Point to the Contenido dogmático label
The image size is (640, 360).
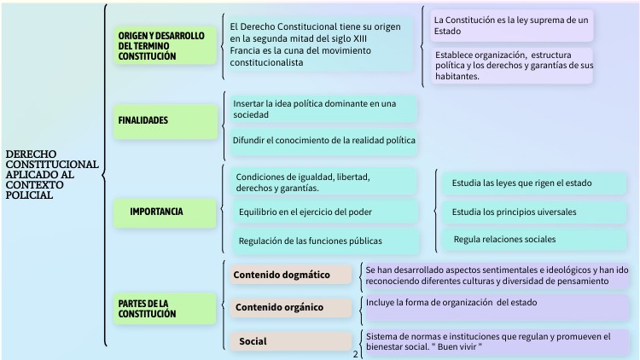click(282, 275)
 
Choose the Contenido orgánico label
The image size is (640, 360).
click(279, 307)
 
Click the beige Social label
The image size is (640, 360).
click(253, 341)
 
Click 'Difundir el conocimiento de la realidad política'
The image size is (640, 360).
click(324, 140)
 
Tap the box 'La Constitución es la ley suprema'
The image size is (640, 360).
click(509, 25)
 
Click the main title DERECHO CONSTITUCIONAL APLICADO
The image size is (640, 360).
click(51, 175)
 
